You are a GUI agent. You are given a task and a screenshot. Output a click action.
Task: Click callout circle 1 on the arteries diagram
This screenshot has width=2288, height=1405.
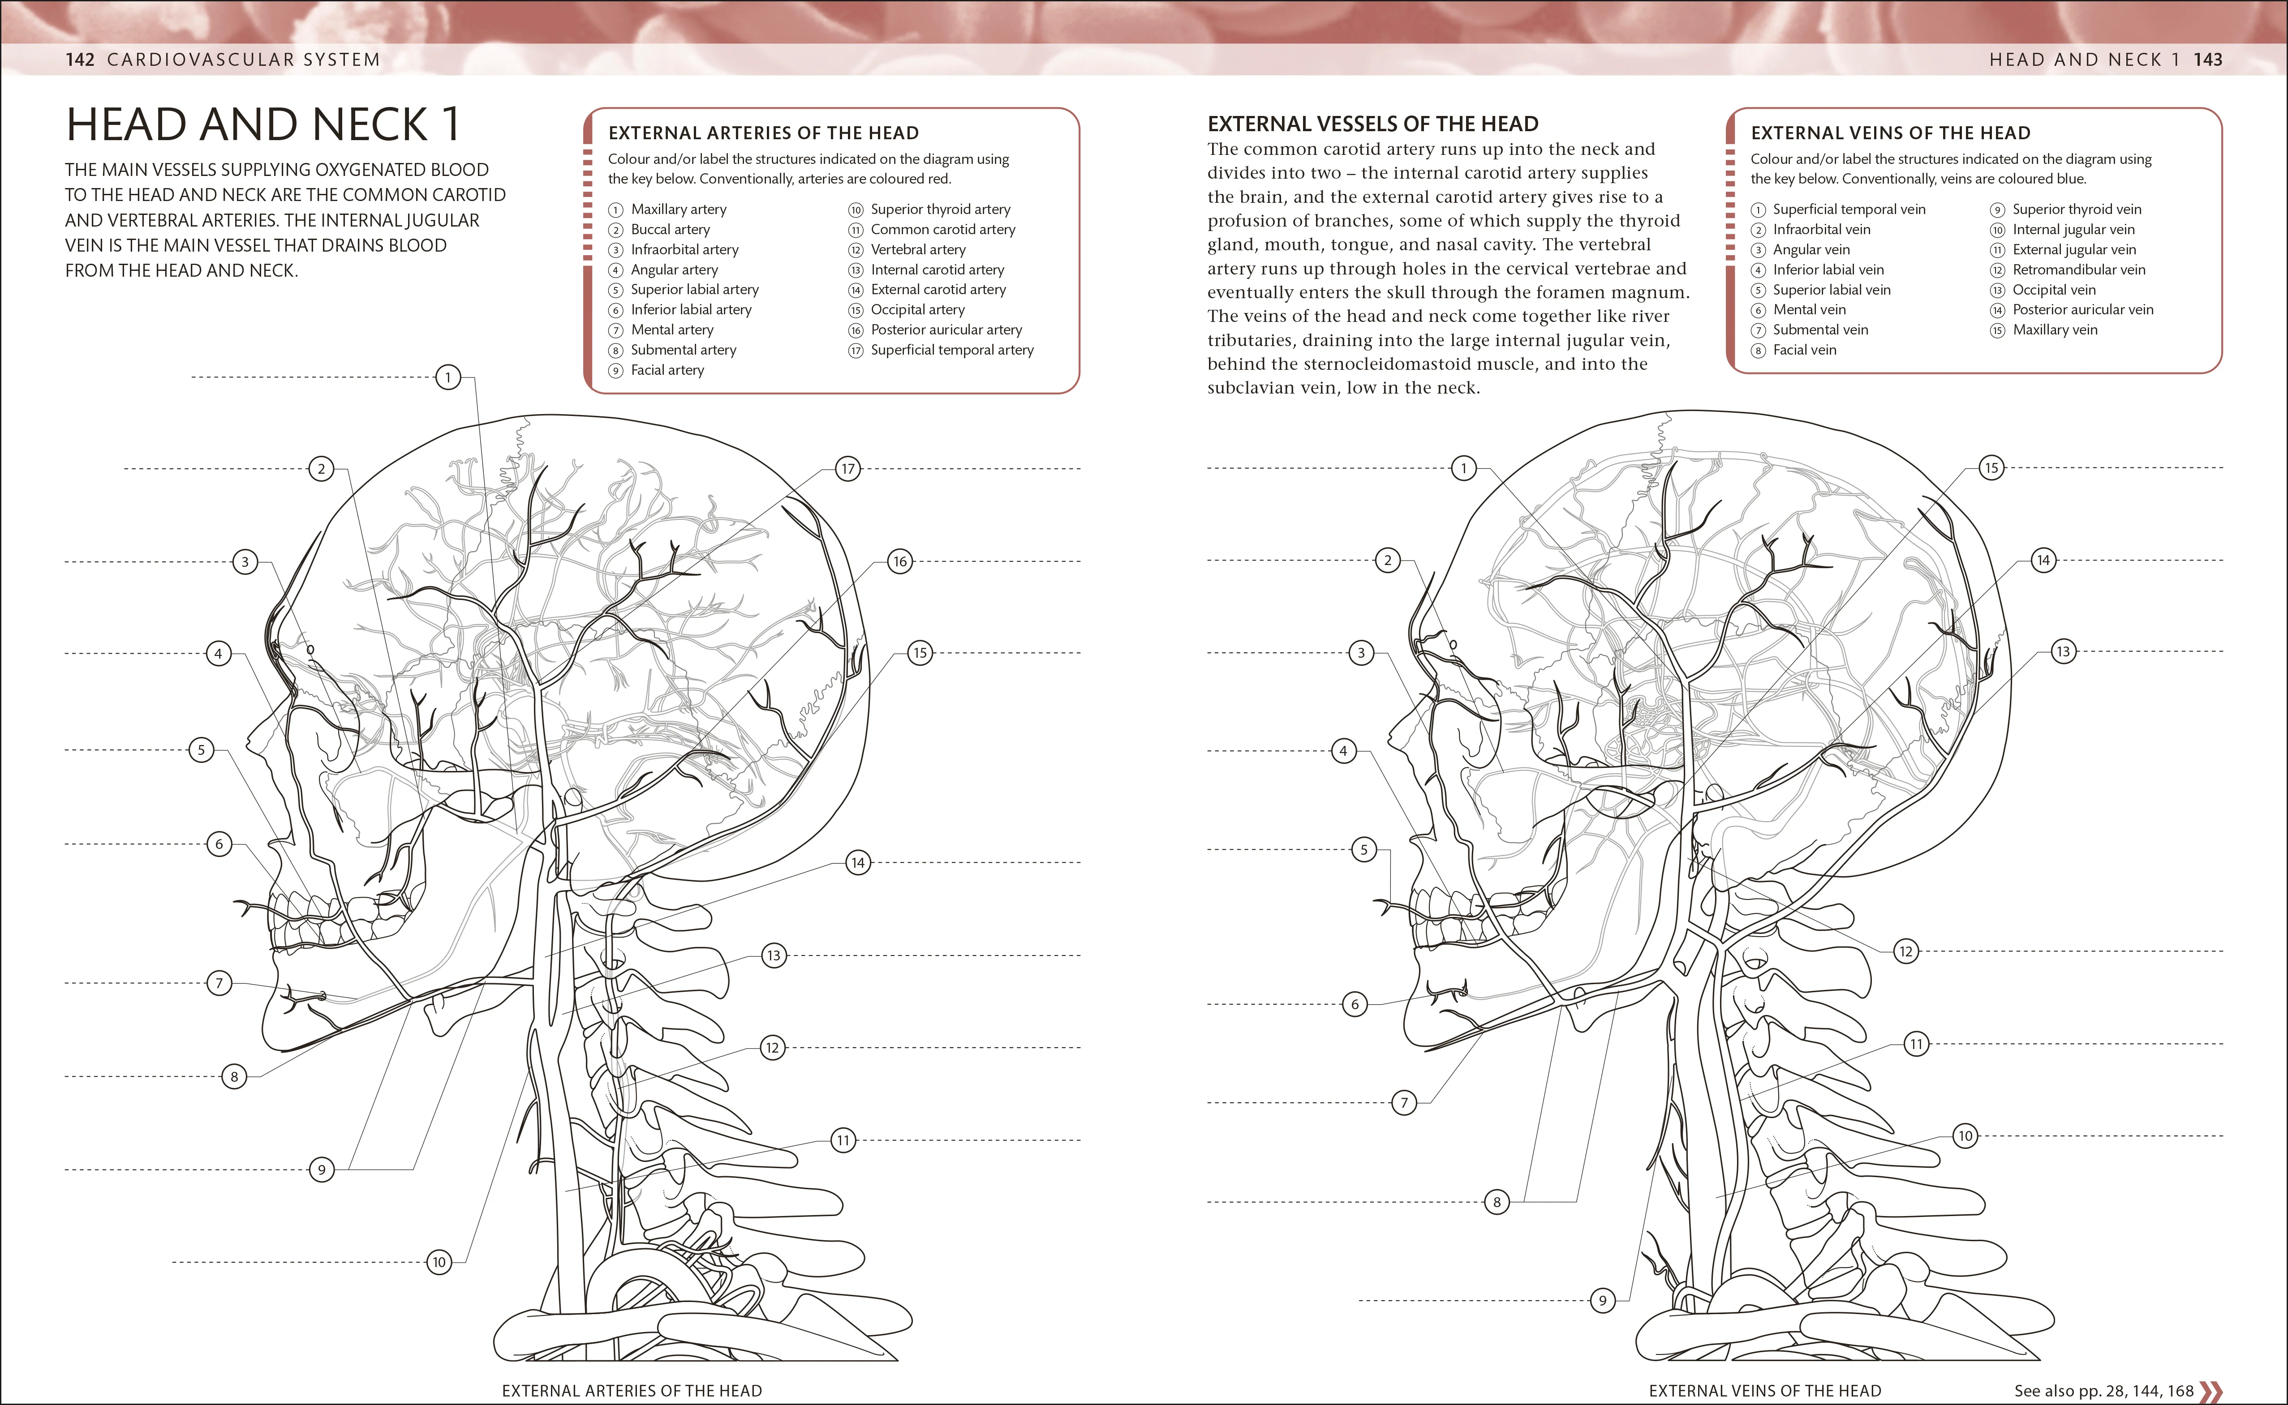point(448,377)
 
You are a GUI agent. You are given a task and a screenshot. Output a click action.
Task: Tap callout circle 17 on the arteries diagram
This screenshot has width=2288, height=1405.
point(847,469)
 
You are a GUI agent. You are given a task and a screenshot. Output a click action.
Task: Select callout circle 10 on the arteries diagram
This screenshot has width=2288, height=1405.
point(439,1262)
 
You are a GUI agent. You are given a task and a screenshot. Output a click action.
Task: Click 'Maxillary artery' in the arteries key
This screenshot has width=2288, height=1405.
point(679,209)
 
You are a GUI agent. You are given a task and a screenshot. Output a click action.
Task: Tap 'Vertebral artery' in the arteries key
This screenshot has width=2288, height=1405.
point(918,249)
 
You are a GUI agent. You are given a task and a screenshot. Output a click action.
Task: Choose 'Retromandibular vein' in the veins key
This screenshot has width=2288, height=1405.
point(2079,270)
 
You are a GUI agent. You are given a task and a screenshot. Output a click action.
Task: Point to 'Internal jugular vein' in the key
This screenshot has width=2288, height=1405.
point(2073,230)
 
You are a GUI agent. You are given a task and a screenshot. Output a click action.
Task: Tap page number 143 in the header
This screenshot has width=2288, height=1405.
point(2208,60)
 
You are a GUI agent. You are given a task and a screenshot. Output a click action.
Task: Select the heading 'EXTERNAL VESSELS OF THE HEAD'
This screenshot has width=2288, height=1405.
point(1372,124)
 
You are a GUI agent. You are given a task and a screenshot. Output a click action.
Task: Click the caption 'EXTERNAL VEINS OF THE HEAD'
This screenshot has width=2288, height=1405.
point(1765,1391)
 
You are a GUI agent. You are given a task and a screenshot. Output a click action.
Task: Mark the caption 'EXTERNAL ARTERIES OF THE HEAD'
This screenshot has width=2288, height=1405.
point(632,1391)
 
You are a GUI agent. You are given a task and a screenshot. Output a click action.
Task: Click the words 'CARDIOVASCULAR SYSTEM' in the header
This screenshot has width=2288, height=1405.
point(244,60)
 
